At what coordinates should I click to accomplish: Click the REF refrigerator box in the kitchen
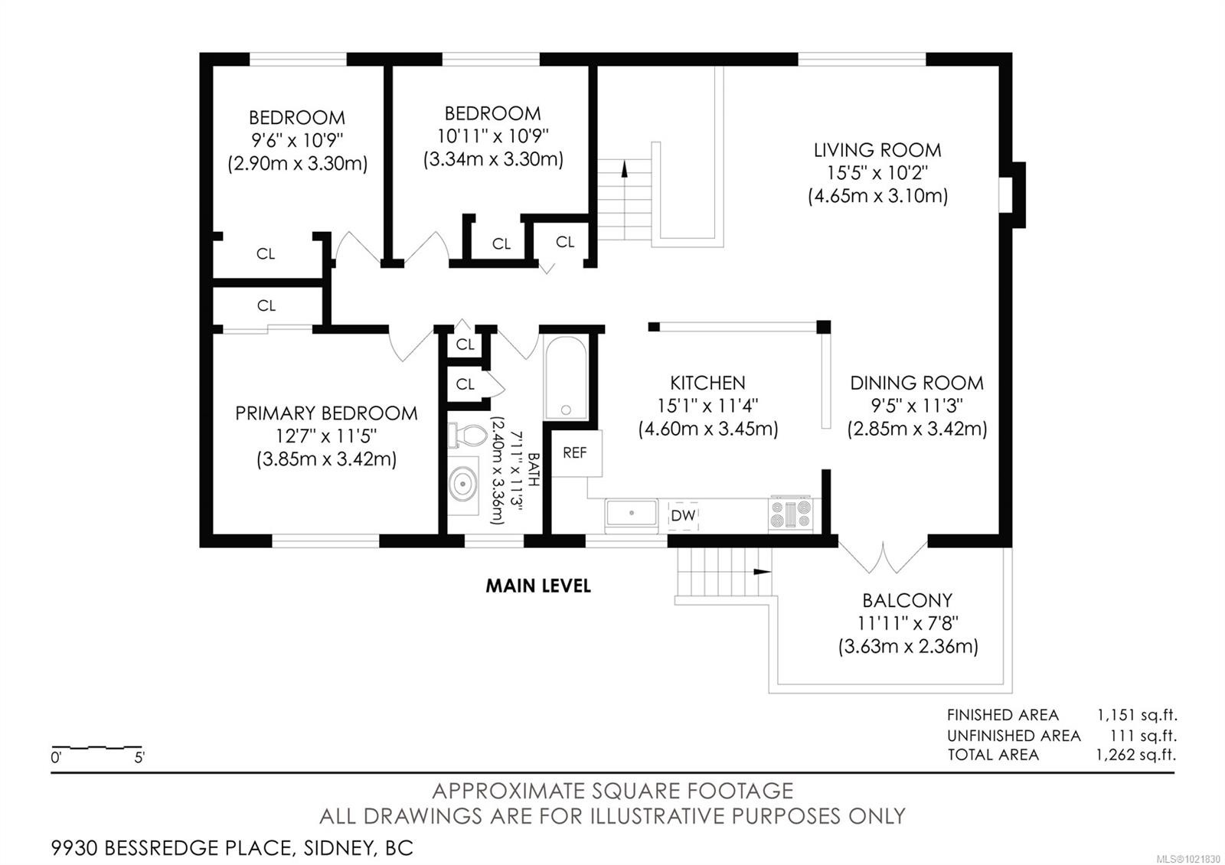coord(576,453)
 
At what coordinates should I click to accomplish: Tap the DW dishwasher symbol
coord(683,516)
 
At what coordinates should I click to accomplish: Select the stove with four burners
coord(791,513)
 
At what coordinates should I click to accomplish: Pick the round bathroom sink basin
coord(463,485)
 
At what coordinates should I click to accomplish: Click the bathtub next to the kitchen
coord(566,377)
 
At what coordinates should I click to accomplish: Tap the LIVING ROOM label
coord(877,150)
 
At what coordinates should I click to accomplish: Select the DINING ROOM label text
coord(916,383)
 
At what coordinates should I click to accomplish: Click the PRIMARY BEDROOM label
coord(326,413)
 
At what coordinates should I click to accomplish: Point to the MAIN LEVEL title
coord(538,586)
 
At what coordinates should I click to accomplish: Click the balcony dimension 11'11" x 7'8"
coord(908,623)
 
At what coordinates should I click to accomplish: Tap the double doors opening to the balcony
coord(884,557)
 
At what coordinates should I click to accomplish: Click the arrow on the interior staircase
coord(625,169)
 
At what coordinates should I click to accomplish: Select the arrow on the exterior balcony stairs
coord(762,572)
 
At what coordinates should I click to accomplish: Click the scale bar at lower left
coord(96,747)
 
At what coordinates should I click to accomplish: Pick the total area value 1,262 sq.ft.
coord(1135,755)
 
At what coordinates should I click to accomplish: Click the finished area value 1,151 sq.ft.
coord(1136,715)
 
